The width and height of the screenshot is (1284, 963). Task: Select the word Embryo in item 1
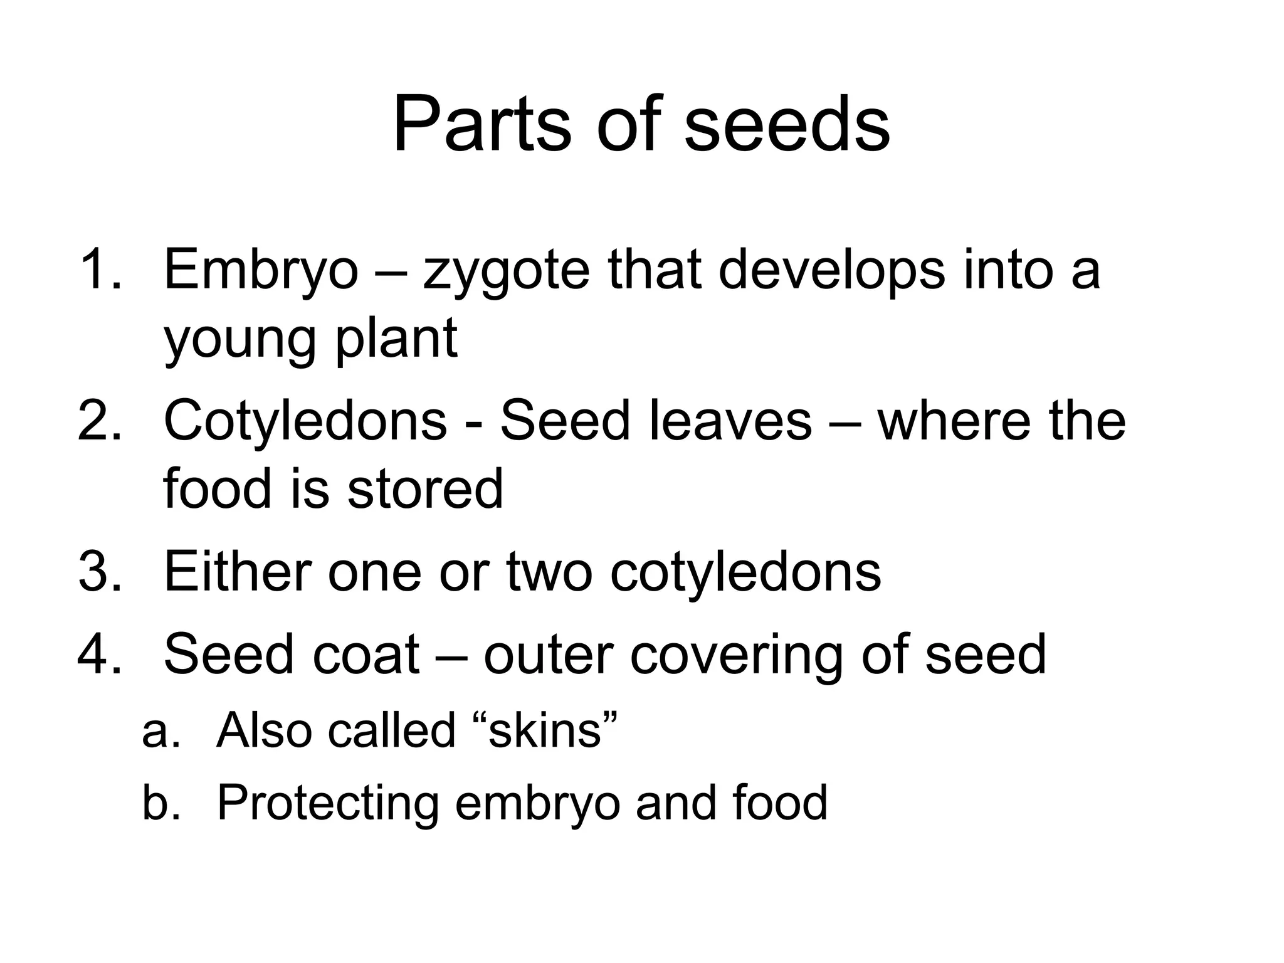(x=261, y=271)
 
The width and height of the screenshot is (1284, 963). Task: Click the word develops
(x=831, y=271)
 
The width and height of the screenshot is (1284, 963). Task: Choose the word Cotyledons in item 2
(x=305, y=421)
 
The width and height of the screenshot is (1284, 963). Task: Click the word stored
(x=425, y=488)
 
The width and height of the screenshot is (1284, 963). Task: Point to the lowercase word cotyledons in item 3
(x=745, y=572)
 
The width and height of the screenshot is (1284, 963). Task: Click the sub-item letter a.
(x=160, y=732)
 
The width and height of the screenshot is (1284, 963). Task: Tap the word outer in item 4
(x=548, y=655)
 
